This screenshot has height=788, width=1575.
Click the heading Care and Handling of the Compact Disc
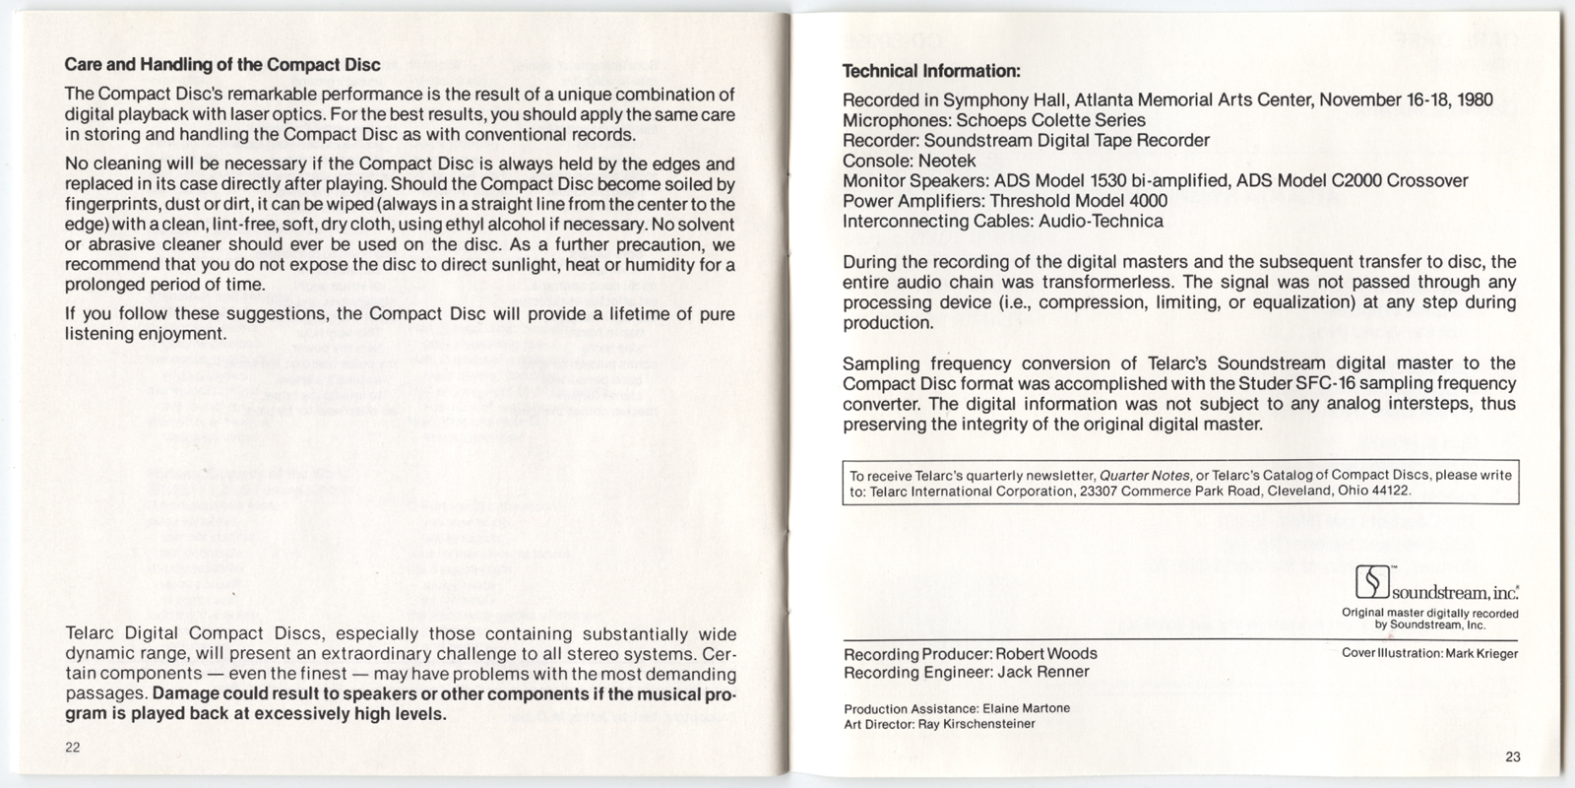pos(221,66)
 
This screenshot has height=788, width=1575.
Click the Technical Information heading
pos(930,71)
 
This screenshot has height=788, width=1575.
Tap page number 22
pos(73,747)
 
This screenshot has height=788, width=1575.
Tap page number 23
pos(1513,756)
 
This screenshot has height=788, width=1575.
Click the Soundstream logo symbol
pos(1371,583)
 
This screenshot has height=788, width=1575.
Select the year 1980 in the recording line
pos(1474,99)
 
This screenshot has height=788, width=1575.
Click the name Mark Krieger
pos(1481,654)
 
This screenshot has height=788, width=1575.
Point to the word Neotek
pos(947,161)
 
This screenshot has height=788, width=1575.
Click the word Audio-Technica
pos(1101,221)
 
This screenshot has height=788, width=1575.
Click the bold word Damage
pos(187,694)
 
